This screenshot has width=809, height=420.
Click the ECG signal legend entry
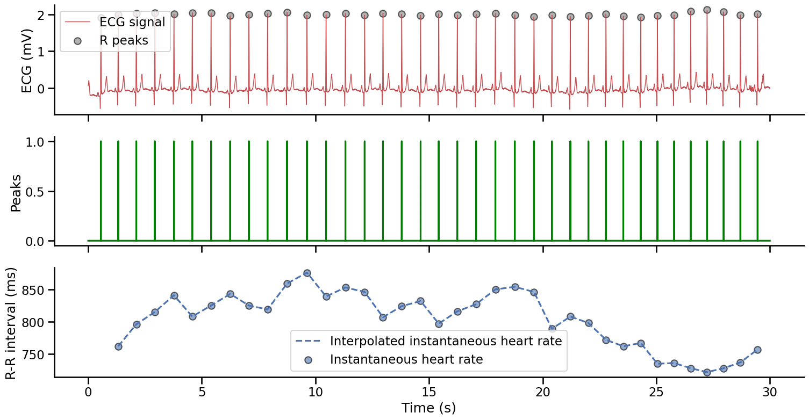132,23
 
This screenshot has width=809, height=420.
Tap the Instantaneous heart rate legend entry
406,359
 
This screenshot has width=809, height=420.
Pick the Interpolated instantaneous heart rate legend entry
446,341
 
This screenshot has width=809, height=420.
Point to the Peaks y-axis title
16,192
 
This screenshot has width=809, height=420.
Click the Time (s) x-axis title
428,408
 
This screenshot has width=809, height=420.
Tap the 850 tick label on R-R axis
35,290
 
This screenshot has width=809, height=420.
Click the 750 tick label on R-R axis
35,354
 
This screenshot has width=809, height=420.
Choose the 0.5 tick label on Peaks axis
38,191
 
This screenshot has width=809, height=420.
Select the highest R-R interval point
307,273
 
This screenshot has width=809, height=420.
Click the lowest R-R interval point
707,372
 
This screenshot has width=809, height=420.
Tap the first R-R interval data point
118,346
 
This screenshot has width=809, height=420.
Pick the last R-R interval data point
757,350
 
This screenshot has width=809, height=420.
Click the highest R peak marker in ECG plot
707,10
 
